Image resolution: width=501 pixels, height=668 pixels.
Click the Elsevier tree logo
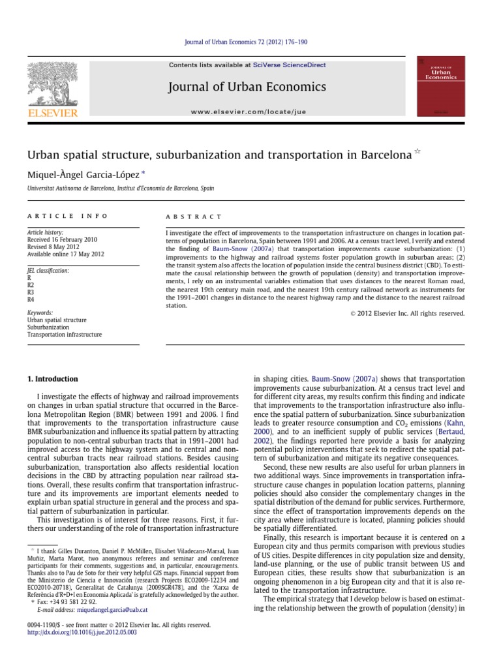(x=52, y=86)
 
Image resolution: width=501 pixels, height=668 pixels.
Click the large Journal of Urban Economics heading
(x=247, y=87)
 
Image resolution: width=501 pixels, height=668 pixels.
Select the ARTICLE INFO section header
(x=68, y=216)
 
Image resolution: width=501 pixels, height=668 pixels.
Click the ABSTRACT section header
(x=194, y=216)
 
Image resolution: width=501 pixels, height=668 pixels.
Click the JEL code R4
(x=30, y=300)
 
